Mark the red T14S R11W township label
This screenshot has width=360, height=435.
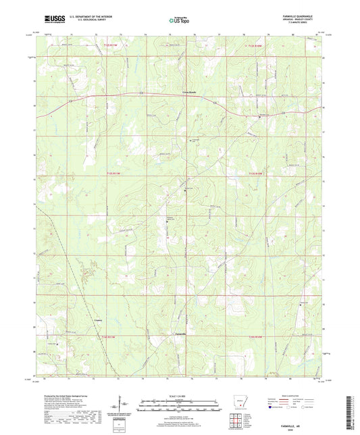109,336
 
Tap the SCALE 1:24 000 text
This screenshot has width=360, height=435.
179,396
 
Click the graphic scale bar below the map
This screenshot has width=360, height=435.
179,407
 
